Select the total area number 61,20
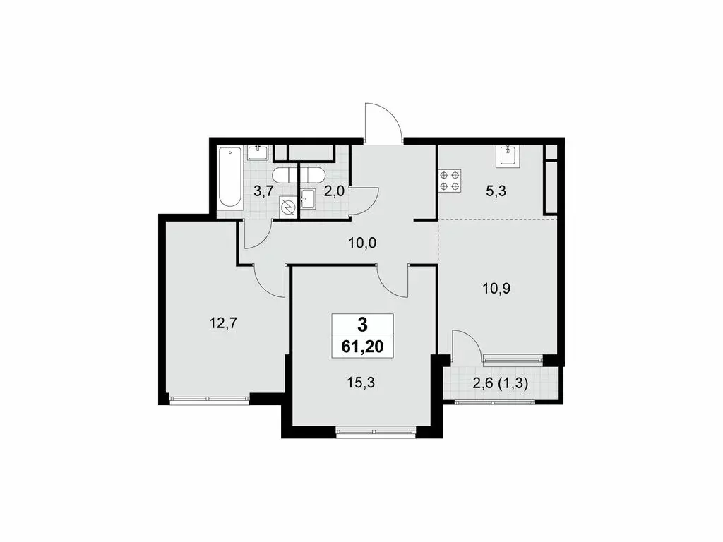pyautogui.click(x=363, y=347)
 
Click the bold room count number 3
pyautogui.click(x=363, y=325)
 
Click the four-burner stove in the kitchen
pyautogui.click(x=450, y=181)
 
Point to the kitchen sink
pyautogui.click(x=508, y=156)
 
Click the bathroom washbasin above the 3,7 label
pyautogui.click(x=258, y=152)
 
